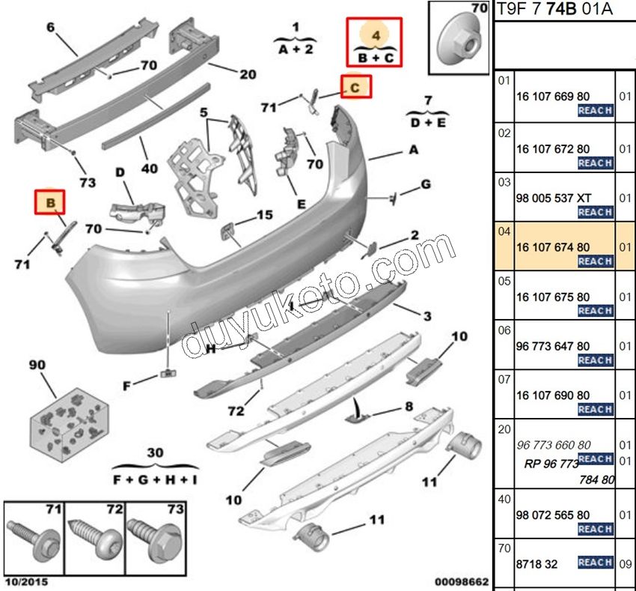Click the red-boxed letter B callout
point(50,202)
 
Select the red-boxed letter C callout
point(356,88)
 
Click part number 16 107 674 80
point(553,247)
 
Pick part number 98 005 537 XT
point(554,198)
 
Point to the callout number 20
point(248,73)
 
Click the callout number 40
point(150,169)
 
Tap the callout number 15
point(264,215)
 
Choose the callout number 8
point(409,406)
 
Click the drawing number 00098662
point(462,581)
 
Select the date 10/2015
point(25,581)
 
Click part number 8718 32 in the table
point(536,564)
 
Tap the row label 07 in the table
point(504,380)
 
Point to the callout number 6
point(51,28)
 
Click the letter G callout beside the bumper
point(424,184)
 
